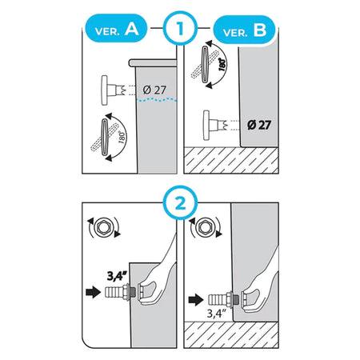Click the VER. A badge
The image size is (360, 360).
116,29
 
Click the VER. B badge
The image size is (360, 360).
244,30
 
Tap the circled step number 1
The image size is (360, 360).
180,28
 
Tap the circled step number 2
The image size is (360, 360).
181,203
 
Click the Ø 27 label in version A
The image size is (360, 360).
154,90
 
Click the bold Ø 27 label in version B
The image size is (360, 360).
259,125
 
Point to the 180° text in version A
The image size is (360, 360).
122,137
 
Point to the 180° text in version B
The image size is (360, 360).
222,64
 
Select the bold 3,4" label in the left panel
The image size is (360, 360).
116,276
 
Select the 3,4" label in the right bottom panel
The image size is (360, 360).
217,314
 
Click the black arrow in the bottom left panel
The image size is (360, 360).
94,292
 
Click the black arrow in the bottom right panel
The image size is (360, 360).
196,300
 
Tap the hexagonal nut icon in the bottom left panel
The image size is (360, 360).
103,228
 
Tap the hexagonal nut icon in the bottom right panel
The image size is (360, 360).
205,227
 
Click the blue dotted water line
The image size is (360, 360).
156,100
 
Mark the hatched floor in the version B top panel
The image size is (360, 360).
231,160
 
